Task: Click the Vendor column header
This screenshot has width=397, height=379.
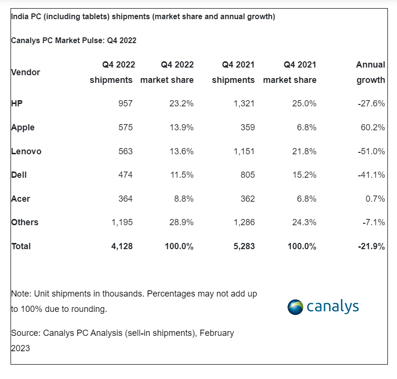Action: [25, 72]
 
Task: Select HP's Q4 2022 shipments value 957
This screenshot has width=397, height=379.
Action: [125, 103]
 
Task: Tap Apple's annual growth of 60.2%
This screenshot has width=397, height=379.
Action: [372, 127]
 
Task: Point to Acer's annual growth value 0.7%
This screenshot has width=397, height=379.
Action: [375, 199]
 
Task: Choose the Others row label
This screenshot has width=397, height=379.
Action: [24, 222]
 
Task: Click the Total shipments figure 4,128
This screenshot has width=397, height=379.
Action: [122, 246]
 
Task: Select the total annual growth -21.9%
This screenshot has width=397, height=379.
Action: [371, 246]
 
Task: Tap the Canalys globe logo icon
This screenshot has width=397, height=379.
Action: [295, 307]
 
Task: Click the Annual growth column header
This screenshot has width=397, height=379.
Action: [371, 72]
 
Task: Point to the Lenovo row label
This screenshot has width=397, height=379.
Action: [26, 151]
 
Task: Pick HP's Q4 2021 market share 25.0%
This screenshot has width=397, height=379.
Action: [304, 103]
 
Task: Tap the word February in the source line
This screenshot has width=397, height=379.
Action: [216, 333]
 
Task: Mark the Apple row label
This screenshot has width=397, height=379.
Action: [23, 127]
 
